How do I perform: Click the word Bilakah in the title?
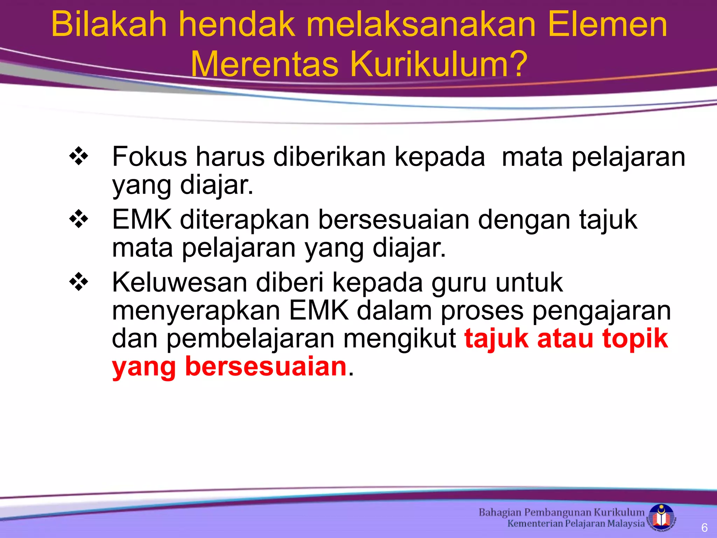click(109, 25)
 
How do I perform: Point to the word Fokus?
click(149, 157)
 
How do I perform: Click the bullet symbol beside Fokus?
click(79, 156)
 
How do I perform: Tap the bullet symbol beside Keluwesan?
click(79, 282)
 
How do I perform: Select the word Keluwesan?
click(180, 282)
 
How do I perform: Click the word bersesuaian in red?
click(266, 366)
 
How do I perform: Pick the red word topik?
click(635, 339)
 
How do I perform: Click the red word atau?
click(565, 338)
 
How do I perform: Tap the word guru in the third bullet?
click(459, 282)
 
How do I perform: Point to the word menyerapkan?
click(196, 311)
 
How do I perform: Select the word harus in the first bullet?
click(230, 157)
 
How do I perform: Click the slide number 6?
click(704, 527)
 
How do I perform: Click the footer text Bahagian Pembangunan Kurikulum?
click(561, 512)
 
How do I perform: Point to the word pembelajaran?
click(250, 339)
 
